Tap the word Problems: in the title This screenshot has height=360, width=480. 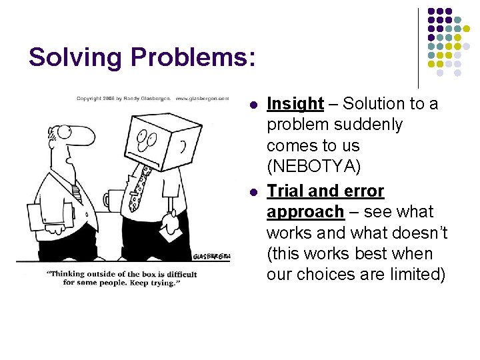(x=193, y=57)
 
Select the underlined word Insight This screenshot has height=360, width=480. (x=295, y=104)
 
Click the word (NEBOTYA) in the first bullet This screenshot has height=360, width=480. (x=313, y=167)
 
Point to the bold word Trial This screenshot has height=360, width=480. (x=287, y=191)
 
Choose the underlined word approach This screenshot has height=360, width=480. (x=305, y=212)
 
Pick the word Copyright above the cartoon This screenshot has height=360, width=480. (x=89, y=98)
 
